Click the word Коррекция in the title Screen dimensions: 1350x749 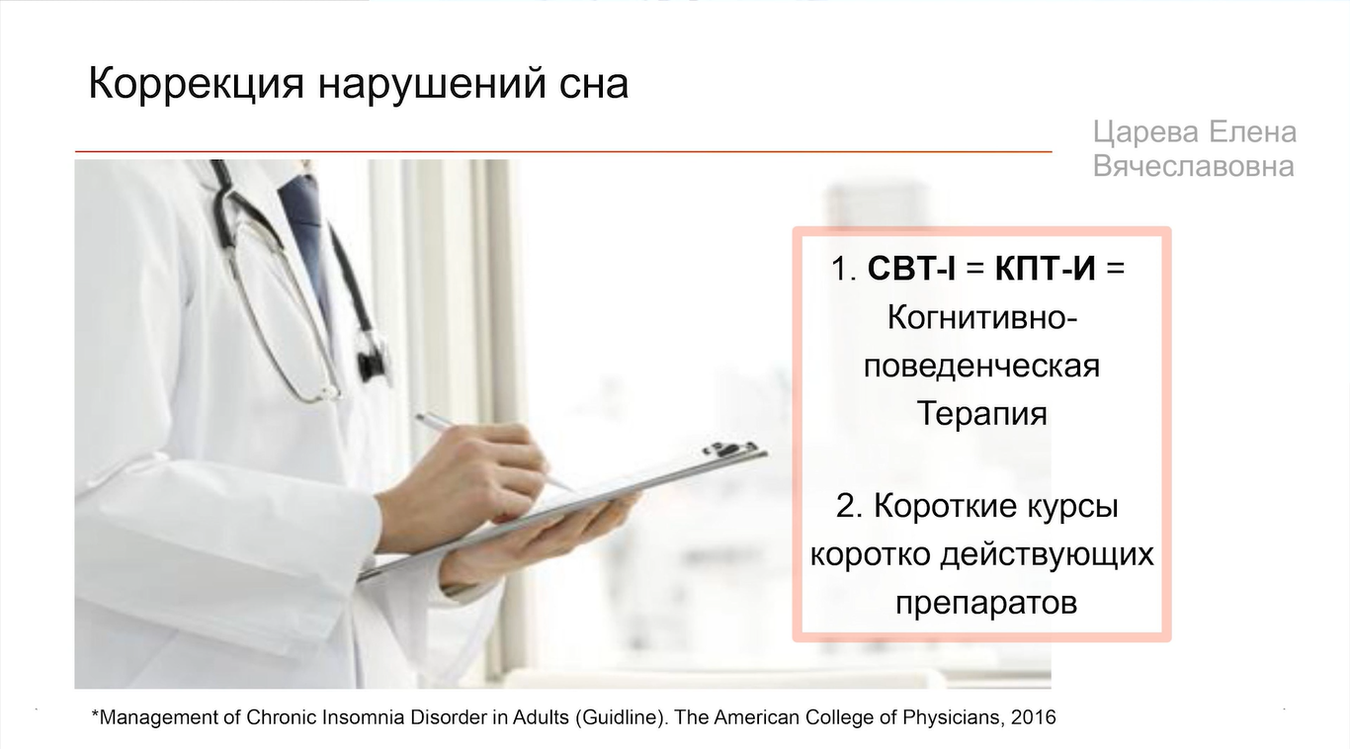[x=197, y=84]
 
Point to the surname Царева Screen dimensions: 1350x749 [x=1144, y=133]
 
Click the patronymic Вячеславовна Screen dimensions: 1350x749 [x=1193, y=166]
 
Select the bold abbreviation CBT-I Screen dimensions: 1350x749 [x=911, y=268]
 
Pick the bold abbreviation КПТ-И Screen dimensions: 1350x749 [x=1045, y=268]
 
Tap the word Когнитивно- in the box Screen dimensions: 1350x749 [x=982, y=317]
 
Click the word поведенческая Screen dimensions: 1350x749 [x=981, y=367]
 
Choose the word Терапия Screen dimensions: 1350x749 [x=982, y=414]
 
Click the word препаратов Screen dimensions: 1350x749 [x=986, y=603]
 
